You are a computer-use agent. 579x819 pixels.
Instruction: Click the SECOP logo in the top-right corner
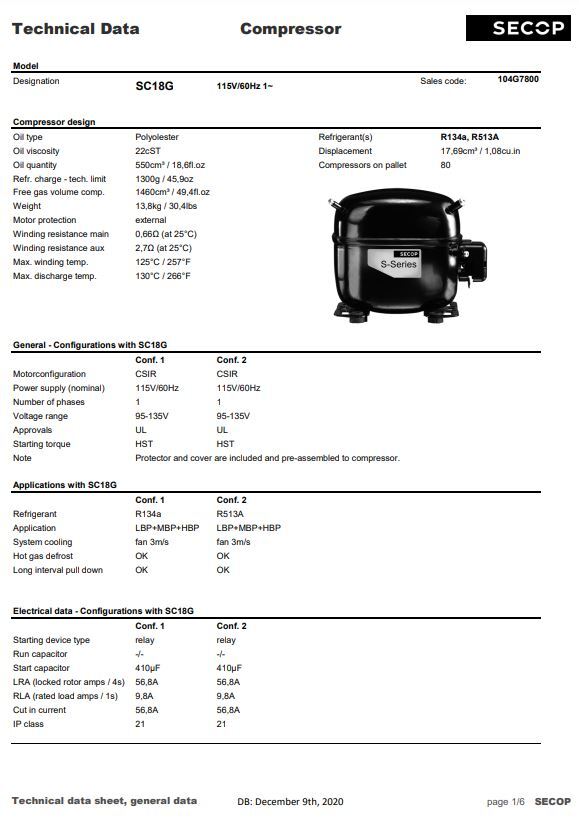click(x=528, y=28)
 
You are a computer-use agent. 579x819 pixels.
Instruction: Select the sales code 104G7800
click(x=517, y=79)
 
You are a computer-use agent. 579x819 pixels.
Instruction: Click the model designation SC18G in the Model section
click(x=154, y=86)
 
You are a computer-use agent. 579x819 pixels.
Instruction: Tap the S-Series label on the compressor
click(x=399, y=264)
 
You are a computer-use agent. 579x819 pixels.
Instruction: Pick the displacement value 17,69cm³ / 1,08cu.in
click(x=480, y=150)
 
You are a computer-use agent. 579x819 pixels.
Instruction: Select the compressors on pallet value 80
click(x=445, y=164)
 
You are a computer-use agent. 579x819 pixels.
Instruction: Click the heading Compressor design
click(x=54, y=122)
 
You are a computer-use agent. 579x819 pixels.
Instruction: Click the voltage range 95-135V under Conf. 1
click(x=151, y=416)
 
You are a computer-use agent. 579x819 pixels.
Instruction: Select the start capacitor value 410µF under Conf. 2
click(x=230, y=668)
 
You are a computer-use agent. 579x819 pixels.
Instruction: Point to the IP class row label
click(x=28, y=724)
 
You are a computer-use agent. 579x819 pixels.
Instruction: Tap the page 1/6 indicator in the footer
click(x=504, y=802)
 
